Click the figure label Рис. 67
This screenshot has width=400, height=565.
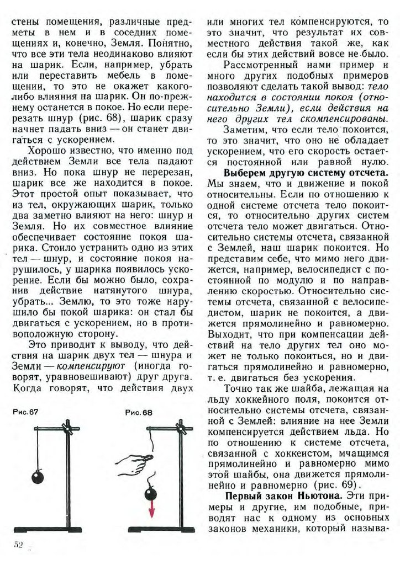coord(25,412)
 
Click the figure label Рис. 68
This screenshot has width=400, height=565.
coord(139,412)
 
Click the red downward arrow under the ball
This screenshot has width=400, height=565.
coord(151,511)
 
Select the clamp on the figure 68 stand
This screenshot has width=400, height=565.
coord(180,427)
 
